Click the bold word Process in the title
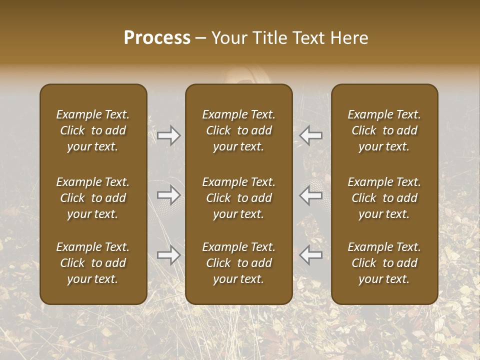point(157,38)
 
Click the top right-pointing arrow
point(169,135)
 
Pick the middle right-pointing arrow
point(169,195)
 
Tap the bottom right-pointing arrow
point(169,255)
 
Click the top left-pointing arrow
point(310,135)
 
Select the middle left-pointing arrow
point(310,195)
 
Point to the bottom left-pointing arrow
point(310,255)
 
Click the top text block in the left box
point(93,130)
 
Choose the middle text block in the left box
point(93,198)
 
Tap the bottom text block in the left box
point(93,263)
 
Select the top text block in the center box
point(238,130)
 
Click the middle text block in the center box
point(238,198)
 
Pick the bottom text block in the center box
point(238,263)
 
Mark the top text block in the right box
point(384,130)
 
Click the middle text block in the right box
point(384,198)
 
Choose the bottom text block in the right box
point(384,263)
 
